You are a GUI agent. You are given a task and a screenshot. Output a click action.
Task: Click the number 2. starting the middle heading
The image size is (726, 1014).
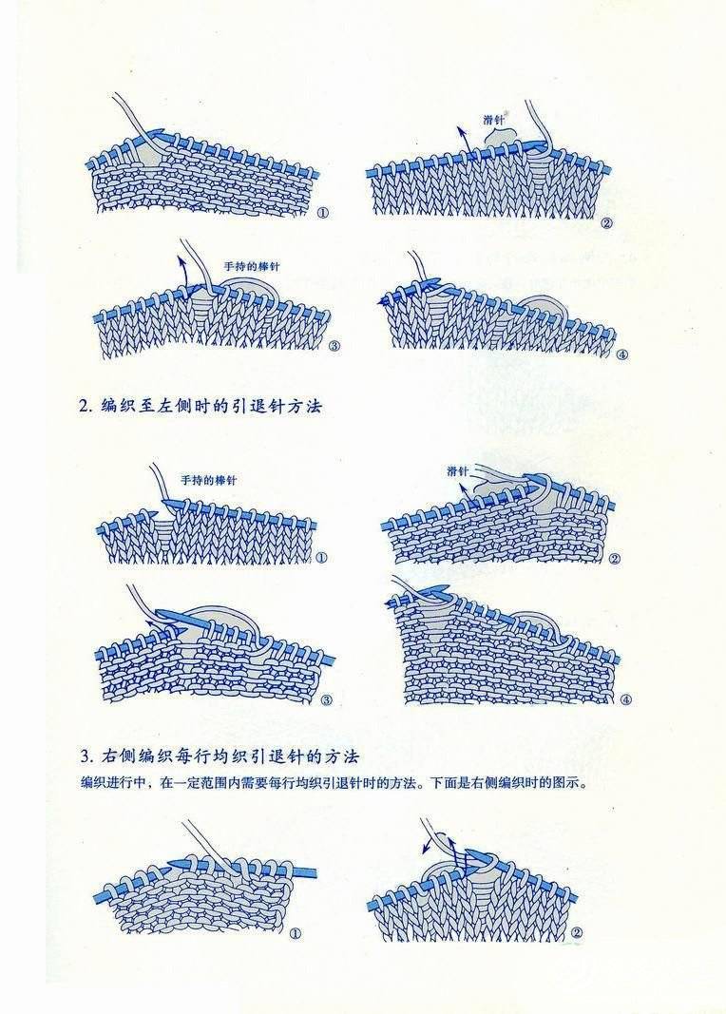pyautogui.click(x=86, y=407)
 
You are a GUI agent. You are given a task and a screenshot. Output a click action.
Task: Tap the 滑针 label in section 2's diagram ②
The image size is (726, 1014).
pyautogui.click(x=457, y=471)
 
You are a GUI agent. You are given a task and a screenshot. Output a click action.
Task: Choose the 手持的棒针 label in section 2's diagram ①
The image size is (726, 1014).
pyautogui.click(x=208, y=481)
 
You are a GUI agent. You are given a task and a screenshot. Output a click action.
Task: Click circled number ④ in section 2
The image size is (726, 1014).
pyautogui.click(x=625, y=699)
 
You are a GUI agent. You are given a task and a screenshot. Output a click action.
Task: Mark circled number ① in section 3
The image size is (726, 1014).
pyautogui.click(x=295, y=933)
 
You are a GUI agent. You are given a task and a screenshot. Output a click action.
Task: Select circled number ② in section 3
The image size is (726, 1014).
pyautogui.click(x=577, y=933)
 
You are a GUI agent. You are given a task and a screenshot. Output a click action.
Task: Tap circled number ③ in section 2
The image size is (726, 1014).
pyautogui.click(x=326, y=699)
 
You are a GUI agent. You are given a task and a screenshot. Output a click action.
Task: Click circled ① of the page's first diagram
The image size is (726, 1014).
pyautogui.click(x=322, y=213)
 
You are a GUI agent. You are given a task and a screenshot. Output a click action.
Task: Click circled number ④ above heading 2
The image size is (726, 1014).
pyautogui.click(x=622, y=354)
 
